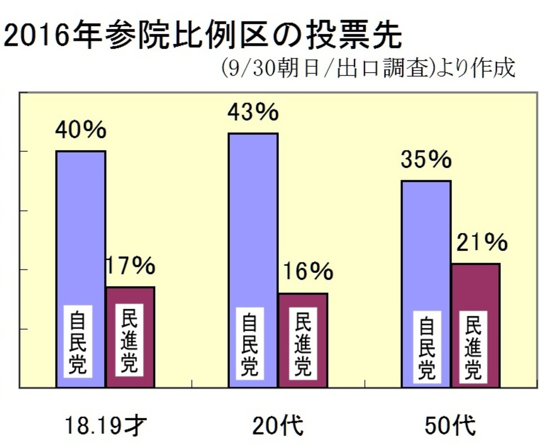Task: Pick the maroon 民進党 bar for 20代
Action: [x=303, y=301]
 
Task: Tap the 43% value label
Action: [x=253, y=112]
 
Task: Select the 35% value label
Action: [x=426, y=160]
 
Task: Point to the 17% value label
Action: [x=131, y=265]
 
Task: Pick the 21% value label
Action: [x=482, y=242]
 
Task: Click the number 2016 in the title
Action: [x=36, y=36]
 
